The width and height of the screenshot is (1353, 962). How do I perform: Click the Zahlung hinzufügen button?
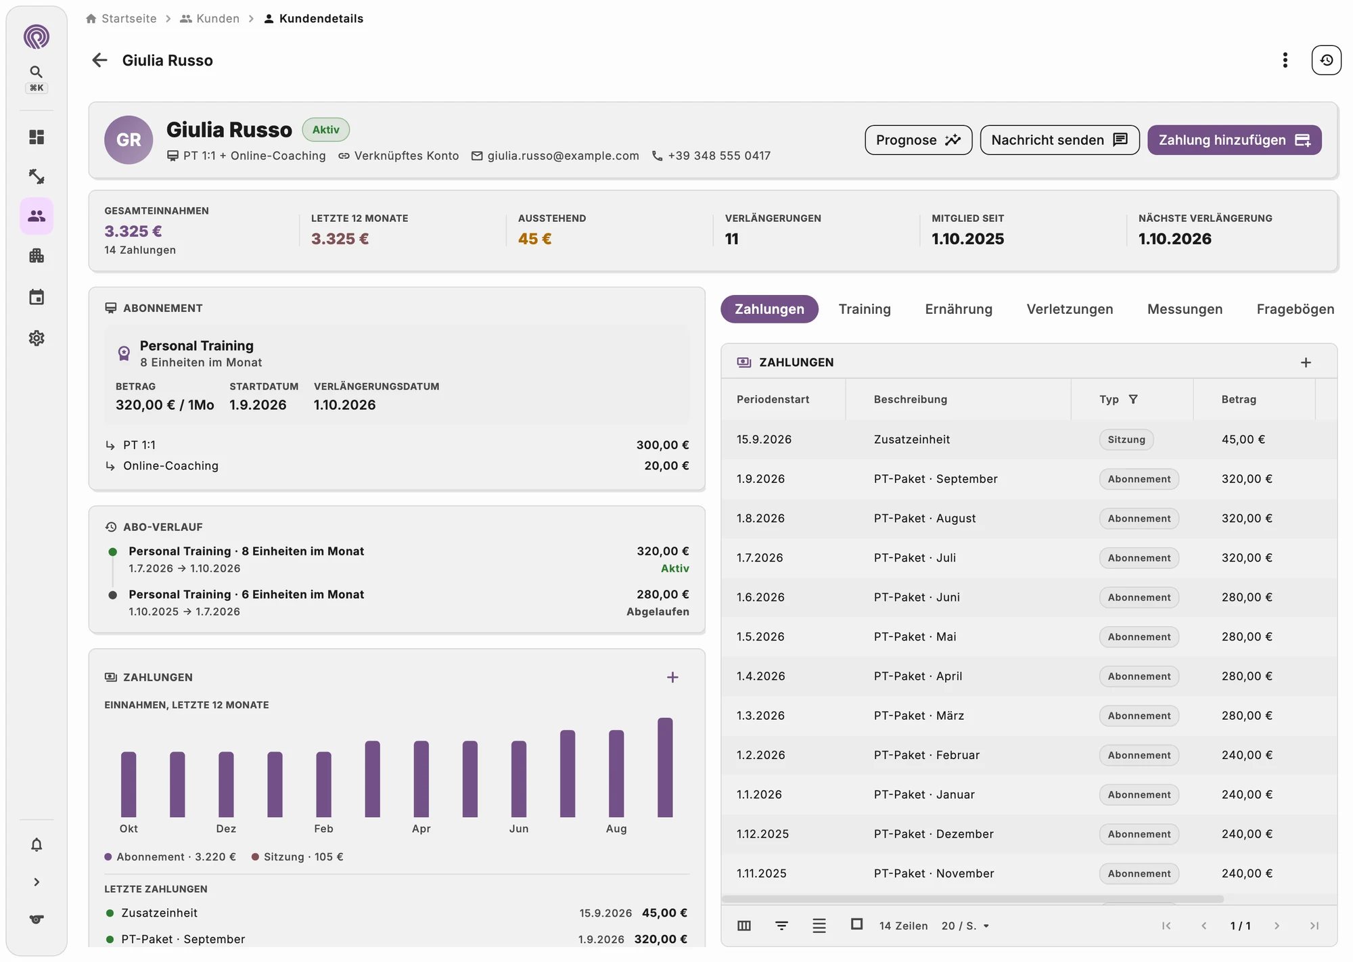point(1234,140)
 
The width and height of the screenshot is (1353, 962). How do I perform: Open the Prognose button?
point(918,140)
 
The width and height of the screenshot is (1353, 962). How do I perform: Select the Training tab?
point(865,309)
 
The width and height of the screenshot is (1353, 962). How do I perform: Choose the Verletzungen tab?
point(1070,309)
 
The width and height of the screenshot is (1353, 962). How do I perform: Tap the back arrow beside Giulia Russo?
point(99,60)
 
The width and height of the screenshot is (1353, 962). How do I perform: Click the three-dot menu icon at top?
point(1285,60)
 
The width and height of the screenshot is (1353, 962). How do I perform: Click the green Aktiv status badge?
point(325,130)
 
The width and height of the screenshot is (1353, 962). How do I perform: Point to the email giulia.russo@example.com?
point(563,156)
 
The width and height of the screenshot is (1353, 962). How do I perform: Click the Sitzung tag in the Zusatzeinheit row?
point(1126,440)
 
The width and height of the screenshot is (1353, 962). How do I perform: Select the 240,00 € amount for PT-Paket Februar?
point(1247,755)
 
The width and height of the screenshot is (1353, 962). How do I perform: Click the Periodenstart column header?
point(773,399)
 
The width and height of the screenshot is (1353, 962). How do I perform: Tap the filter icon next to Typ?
point(1133,399)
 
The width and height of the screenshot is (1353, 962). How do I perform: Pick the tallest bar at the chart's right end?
point(665,767)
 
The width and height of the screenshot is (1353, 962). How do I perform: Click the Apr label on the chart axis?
point(421,829)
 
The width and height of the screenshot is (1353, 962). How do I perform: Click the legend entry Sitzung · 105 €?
point(298,856)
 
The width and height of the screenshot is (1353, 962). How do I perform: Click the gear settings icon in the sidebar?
point(37,338)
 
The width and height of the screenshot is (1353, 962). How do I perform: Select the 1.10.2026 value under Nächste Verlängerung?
point(1174,239)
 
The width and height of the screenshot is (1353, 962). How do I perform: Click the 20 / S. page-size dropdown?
point(965,925)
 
